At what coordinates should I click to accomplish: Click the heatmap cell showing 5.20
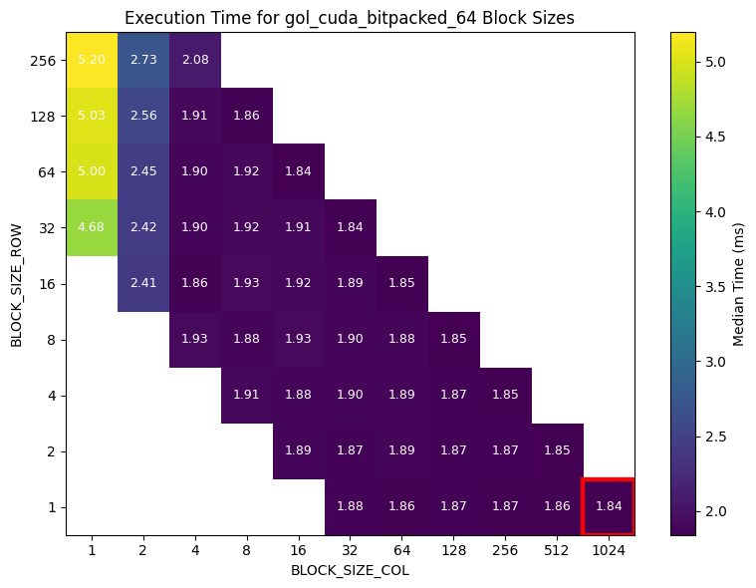[x=92, y=60]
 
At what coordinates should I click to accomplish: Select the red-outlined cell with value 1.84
[x=609, y=506]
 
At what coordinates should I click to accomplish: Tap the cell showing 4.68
[x=92, y=227]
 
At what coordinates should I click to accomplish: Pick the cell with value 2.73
[x=143, y=60]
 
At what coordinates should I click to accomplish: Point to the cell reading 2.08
[x=195, y=60]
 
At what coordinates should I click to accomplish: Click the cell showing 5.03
[x=92, y=116]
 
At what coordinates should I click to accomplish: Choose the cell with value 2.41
[x=143, y=283]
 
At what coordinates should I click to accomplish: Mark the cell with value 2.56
[x=143, y=116]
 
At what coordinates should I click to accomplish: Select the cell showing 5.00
[x=92, y=171]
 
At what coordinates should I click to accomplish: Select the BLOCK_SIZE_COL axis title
[x=350, y=571]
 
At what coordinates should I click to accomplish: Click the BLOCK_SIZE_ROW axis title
[x=16, y=283]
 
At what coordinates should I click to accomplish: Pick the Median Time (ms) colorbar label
[x=738, y=283]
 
